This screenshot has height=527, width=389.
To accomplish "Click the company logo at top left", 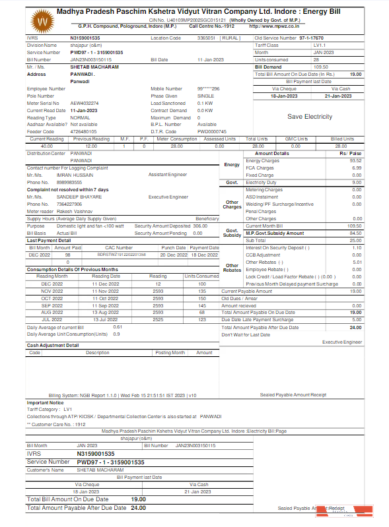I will pyautogui.click(x=44, y=22).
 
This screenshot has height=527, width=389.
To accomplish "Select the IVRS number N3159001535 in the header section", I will pyautogui.click(x=85, y=38).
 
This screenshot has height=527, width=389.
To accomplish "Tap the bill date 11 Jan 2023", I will pyautogui.click(x=211, y=59).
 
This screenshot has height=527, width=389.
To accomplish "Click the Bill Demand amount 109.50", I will pyautogui.click(x=321, y=67).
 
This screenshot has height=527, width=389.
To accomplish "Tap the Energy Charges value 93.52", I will pyautogui.click(x=355, y=160).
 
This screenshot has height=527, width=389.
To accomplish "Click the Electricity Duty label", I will pyautogui.click(x=260, y=182).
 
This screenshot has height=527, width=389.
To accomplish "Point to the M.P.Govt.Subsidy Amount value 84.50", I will pyautogui.click(x=355, y=233).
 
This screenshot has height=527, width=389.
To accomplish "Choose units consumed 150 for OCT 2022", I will pyautogui.click(x=202, y=298).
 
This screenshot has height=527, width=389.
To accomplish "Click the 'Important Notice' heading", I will pyautogui.click(x=45, y=402).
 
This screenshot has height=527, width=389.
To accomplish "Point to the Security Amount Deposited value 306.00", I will pyautogui.click(x=200, y=226).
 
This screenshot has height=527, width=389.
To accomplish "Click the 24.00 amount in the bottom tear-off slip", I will pyautogui.click(x=137, y=508).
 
